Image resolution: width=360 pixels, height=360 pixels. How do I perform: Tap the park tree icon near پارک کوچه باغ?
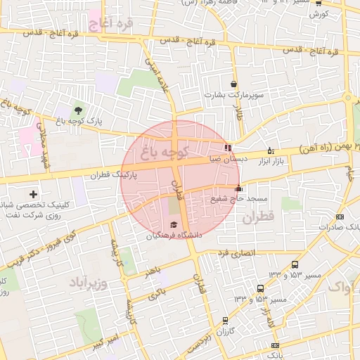[77, 110]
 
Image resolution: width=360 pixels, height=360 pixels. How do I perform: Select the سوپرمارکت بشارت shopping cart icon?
[233, 84]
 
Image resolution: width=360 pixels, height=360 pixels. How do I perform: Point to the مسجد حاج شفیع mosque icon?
[238, 188]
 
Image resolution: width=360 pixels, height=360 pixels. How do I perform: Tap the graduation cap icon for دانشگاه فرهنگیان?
[173, 224]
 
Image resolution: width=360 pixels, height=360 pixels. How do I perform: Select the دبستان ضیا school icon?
[226, 148]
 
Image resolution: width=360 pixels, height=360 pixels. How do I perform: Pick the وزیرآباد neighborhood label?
[89, 283]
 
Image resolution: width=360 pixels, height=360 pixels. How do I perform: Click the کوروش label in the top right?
[319, 13]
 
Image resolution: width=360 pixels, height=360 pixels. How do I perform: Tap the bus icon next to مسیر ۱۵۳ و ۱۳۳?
[261, 288]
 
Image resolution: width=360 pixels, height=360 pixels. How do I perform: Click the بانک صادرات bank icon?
[340, 217]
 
